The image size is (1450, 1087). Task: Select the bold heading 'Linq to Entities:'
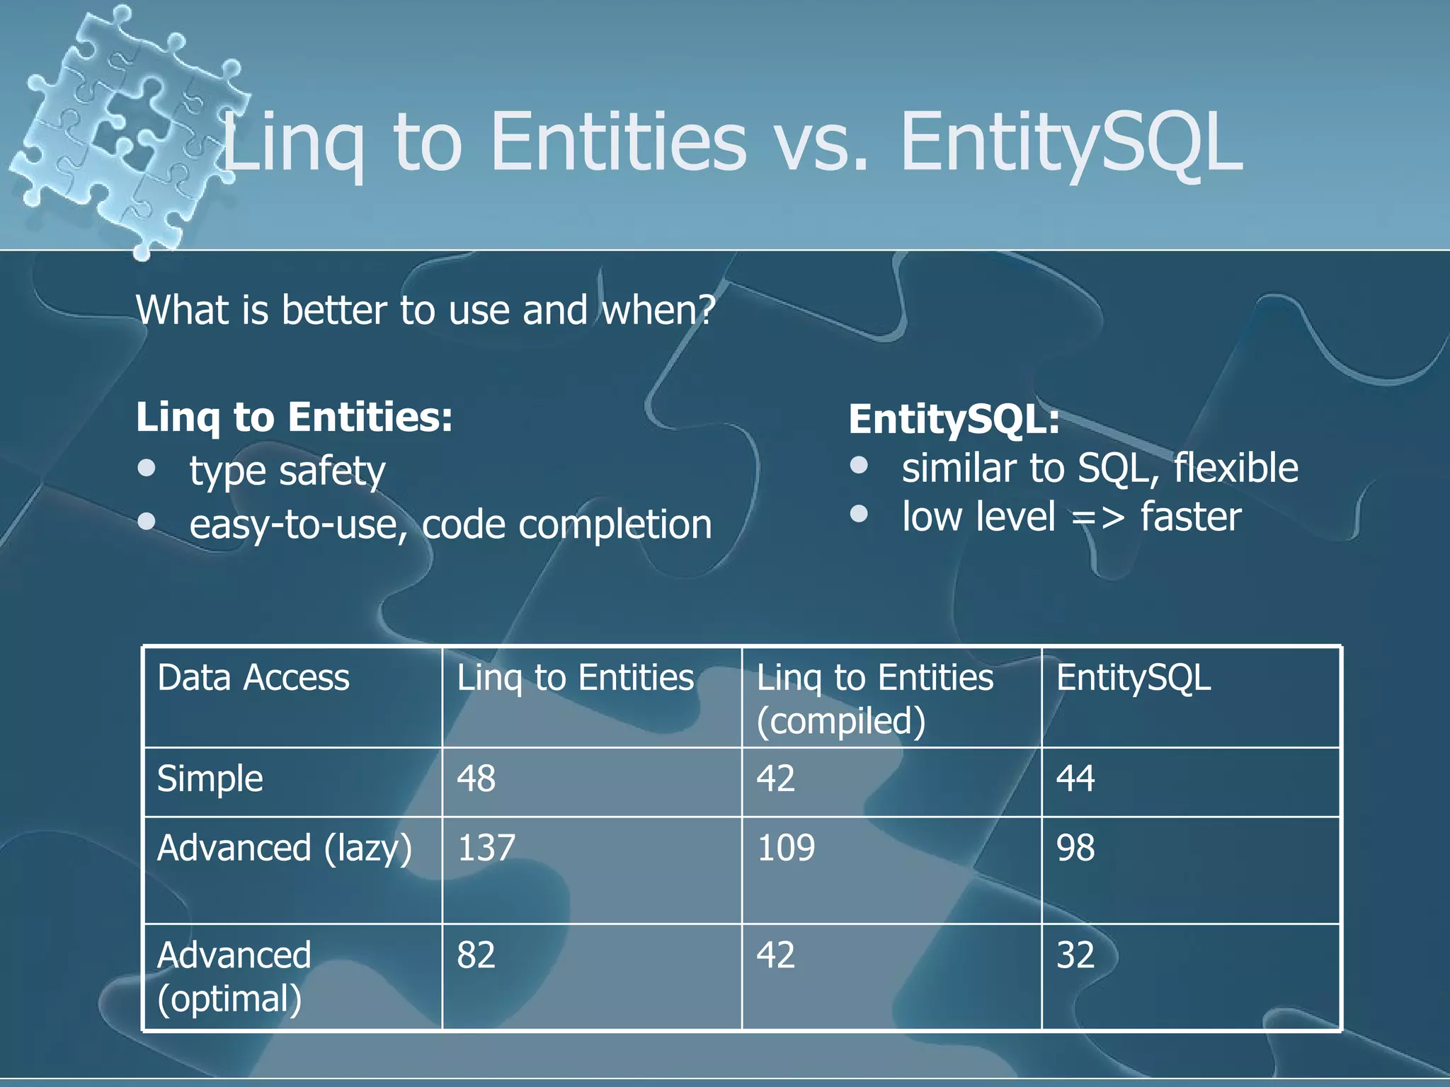point(294,418)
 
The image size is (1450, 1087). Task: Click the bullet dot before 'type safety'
point(147,468)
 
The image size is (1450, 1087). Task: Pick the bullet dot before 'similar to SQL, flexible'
point(859,465)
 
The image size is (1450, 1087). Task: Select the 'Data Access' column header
point(253,678)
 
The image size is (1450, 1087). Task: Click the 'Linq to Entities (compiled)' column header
point(875,698)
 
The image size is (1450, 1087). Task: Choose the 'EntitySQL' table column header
point(1134,678)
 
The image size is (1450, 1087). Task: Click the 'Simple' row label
point(210,779)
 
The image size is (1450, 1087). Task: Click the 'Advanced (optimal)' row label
point(234,977)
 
